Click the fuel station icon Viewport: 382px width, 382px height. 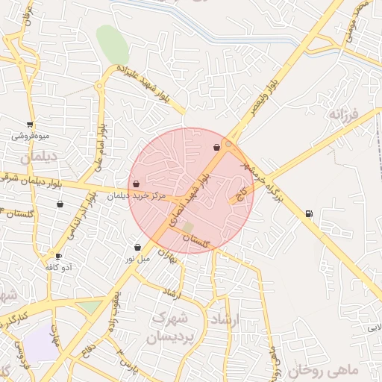point(309,214)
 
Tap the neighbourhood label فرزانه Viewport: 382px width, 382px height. point(344,116)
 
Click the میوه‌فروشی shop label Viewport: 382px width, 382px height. point(30,137)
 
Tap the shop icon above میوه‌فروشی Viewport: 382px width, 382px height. point(30,125)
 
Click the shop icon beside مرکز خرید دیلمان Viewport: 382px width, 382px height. point(136,184)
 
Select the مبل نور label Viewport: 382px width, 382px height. point(137,259)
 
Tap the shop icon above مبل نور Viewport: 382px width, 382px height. point(137,247)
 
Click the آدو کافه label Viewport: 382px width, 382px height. point(58,267)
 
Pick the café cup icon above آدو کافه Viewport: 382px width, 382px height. point(58,256)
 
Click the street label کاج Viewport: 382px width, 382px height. point(241,195)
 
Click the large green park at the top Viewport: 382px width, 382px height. point(112,44)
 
